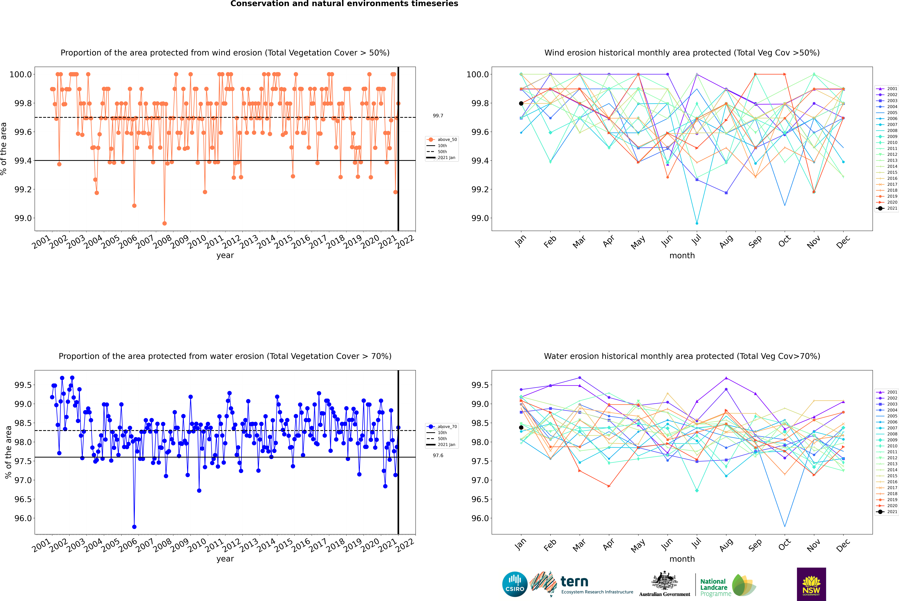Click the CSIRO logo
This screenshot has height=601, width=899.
click(x=515, y=584)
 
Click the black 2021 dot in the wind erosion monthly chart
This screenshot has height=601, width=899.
click(x=521, y=103)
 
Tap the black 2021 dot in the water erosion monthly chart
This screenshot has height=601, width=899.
click(x=521, y=427)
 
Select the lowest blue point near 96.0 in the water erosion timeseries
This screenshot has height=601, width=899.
click(x=134, y=527)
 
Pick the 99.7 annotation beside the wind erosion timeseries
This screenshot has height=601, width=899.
click(x=438, y=116)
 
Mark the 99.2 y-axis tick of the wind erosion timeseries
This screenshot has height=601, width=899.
click(x=23, y=189)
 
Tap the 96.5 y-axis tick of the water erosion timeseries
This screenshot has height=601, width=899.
click(x=23, y=499)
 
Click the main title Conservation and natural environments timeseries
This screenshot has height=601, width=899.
click(x=344, y=4)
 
